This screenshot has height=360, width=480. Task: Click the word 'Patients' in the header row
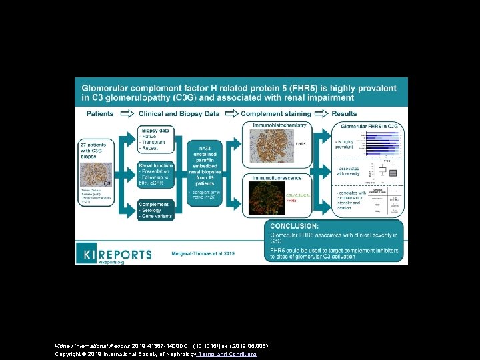tap(100, 114)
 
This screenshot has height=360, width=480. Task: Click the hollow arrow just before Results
tap(322, 114)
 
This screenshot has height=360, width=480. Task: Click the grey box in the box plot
tap(393, 173)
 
